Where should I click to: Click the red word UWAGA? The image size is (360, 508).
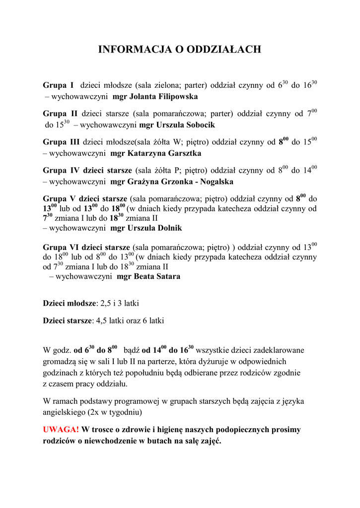(x=61, y=429)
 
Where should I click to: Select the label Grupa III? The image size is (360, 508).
(x=61, y=142)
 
